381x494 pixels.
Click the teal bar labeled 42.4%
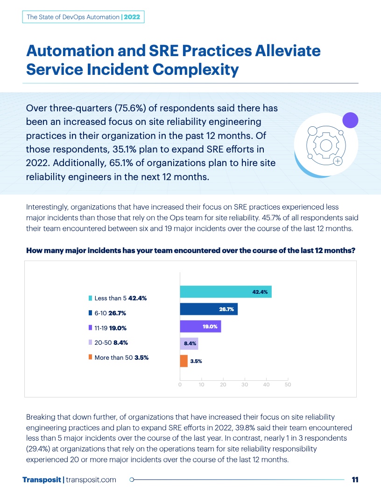(x=226, y=291)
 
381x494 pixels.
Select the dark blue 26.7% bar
(x=209, y=309)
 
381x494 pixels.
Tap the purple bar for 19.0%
(x=200, y=327)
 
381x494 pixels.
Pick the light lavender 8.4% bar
(x=189, y=344)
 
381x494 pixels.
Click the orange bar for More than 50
(x=183, y=361)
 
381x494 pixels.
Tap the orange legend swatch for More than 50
(x=90, y=357)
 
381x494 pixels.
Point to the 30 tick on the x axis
(x=245, y=385)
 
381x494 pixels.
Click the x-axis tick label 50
(x=288, y=385)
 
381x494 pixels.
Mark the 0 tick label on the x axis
(x=180, y=385)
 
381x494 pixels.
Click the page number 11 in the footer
(x=355, y=479)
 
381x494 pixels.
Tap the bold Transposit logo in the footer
(x=42, y=479)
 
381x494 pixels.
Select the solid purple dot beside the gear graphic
(x=350, y=120)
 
